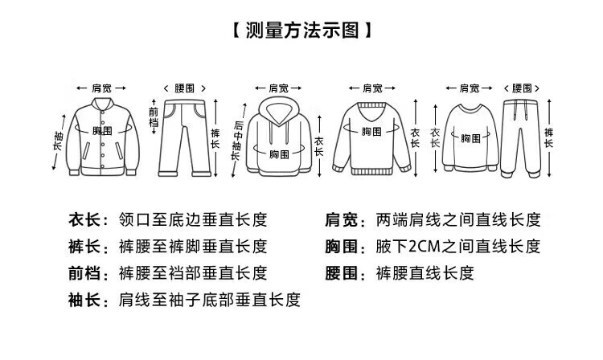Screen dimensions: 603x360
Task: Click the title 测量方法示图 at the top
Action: (302, 31)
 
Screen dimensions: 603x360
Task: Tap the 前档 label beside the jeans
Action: (154, 117)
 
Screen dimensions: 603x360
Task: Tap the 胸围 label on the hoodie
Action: (279, 154)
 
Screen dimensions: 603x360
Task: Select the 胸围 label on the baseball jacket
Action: (102, 131)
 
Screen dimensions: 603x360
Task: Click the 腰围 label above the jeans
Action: (185, 88)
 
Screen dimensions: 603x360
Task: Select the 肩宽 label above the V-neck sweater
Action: (372, 88)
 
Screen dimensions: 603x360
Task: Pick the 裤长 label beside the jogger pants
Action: (549, 138)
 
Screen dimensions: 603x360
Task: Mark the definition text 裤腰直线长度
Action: (425, 273)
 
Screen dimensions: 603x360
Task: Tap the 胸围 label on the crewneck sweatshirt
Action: (470, 138)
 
